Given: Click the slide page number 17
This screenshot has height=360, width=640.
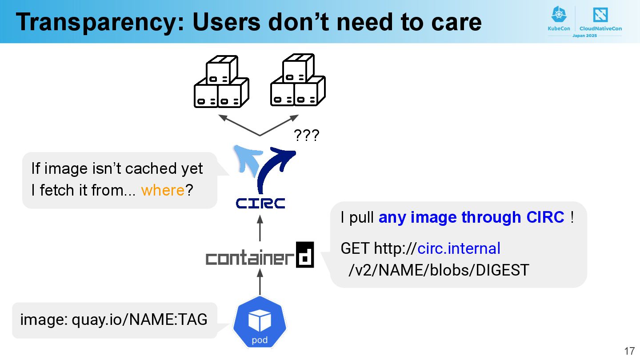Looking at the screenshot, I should click(x=629, y=351).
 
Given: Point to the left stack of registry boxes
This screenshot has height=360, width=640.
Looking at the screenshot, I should click(x=221, y=82).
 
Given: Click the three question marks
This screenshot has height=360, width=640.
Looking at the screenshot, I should click(x=307, y=136).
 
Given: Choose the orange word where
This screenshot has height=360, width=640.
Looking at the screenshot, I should click(x=163, y=190).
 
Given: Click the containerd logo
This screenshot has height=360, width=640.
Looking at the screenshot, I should click(x=260, y=256).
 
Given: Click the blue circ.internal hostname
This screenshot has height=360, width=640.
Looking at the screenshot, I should click(x=459, y=248).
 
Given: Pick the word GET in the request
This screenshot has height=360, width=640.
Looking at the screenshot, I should click(x=355, y=248).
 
